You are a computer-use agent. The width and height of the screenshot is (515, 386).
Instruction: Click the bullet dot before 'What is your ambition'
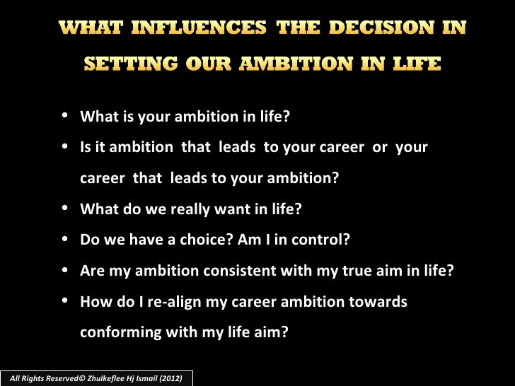(x=65, y=117)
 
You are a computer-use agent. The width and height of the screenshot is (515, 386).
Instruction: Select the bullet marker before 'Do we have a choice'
(x=65, y=239)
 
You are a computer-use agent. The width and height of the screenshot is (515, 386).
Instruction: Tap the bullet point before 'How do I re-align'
(x=65, y=301)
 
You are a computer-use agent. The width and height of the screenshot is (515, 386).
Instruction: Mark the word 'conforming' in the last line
(x=117, y=332)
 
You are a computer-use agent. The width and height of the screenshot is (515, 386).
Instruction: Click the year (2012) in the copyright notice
(x=170, y=379)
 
